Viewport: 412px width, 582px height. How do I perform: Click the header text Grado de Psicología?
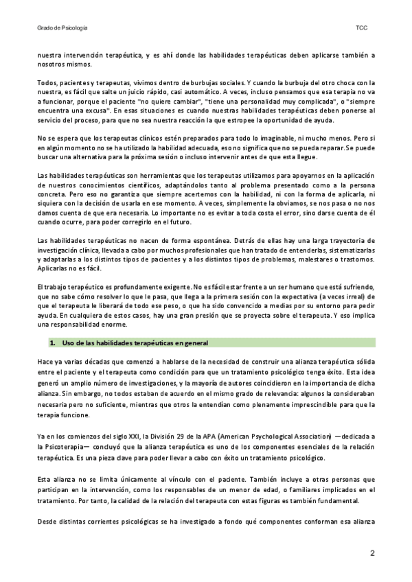(x=62, y=28)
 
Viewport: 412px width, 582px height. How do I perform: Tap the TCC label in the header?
(x=361, y=28)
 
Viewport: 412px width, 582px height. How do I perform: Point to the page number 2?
(x=372, y=553)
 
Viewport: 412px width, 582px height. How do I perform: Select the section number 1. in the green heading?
(x=51, y=342)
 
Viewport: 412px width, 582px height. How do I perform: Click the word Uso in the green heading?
(x=69, y=342)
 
